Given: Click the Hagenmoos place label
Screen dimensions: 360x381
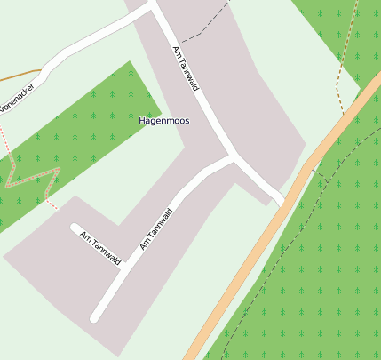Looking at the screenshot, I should [x=164, y=120].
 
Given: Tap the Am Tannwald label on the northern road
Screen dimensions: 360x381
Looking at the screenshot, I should [x=185, y=68].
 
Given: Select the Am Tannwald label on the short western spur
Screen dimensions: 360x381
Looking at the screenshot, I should [x=99, y=246].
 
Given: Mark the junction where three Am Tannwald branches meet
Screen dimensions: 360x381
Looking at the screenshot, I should [x=234, y=156].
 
